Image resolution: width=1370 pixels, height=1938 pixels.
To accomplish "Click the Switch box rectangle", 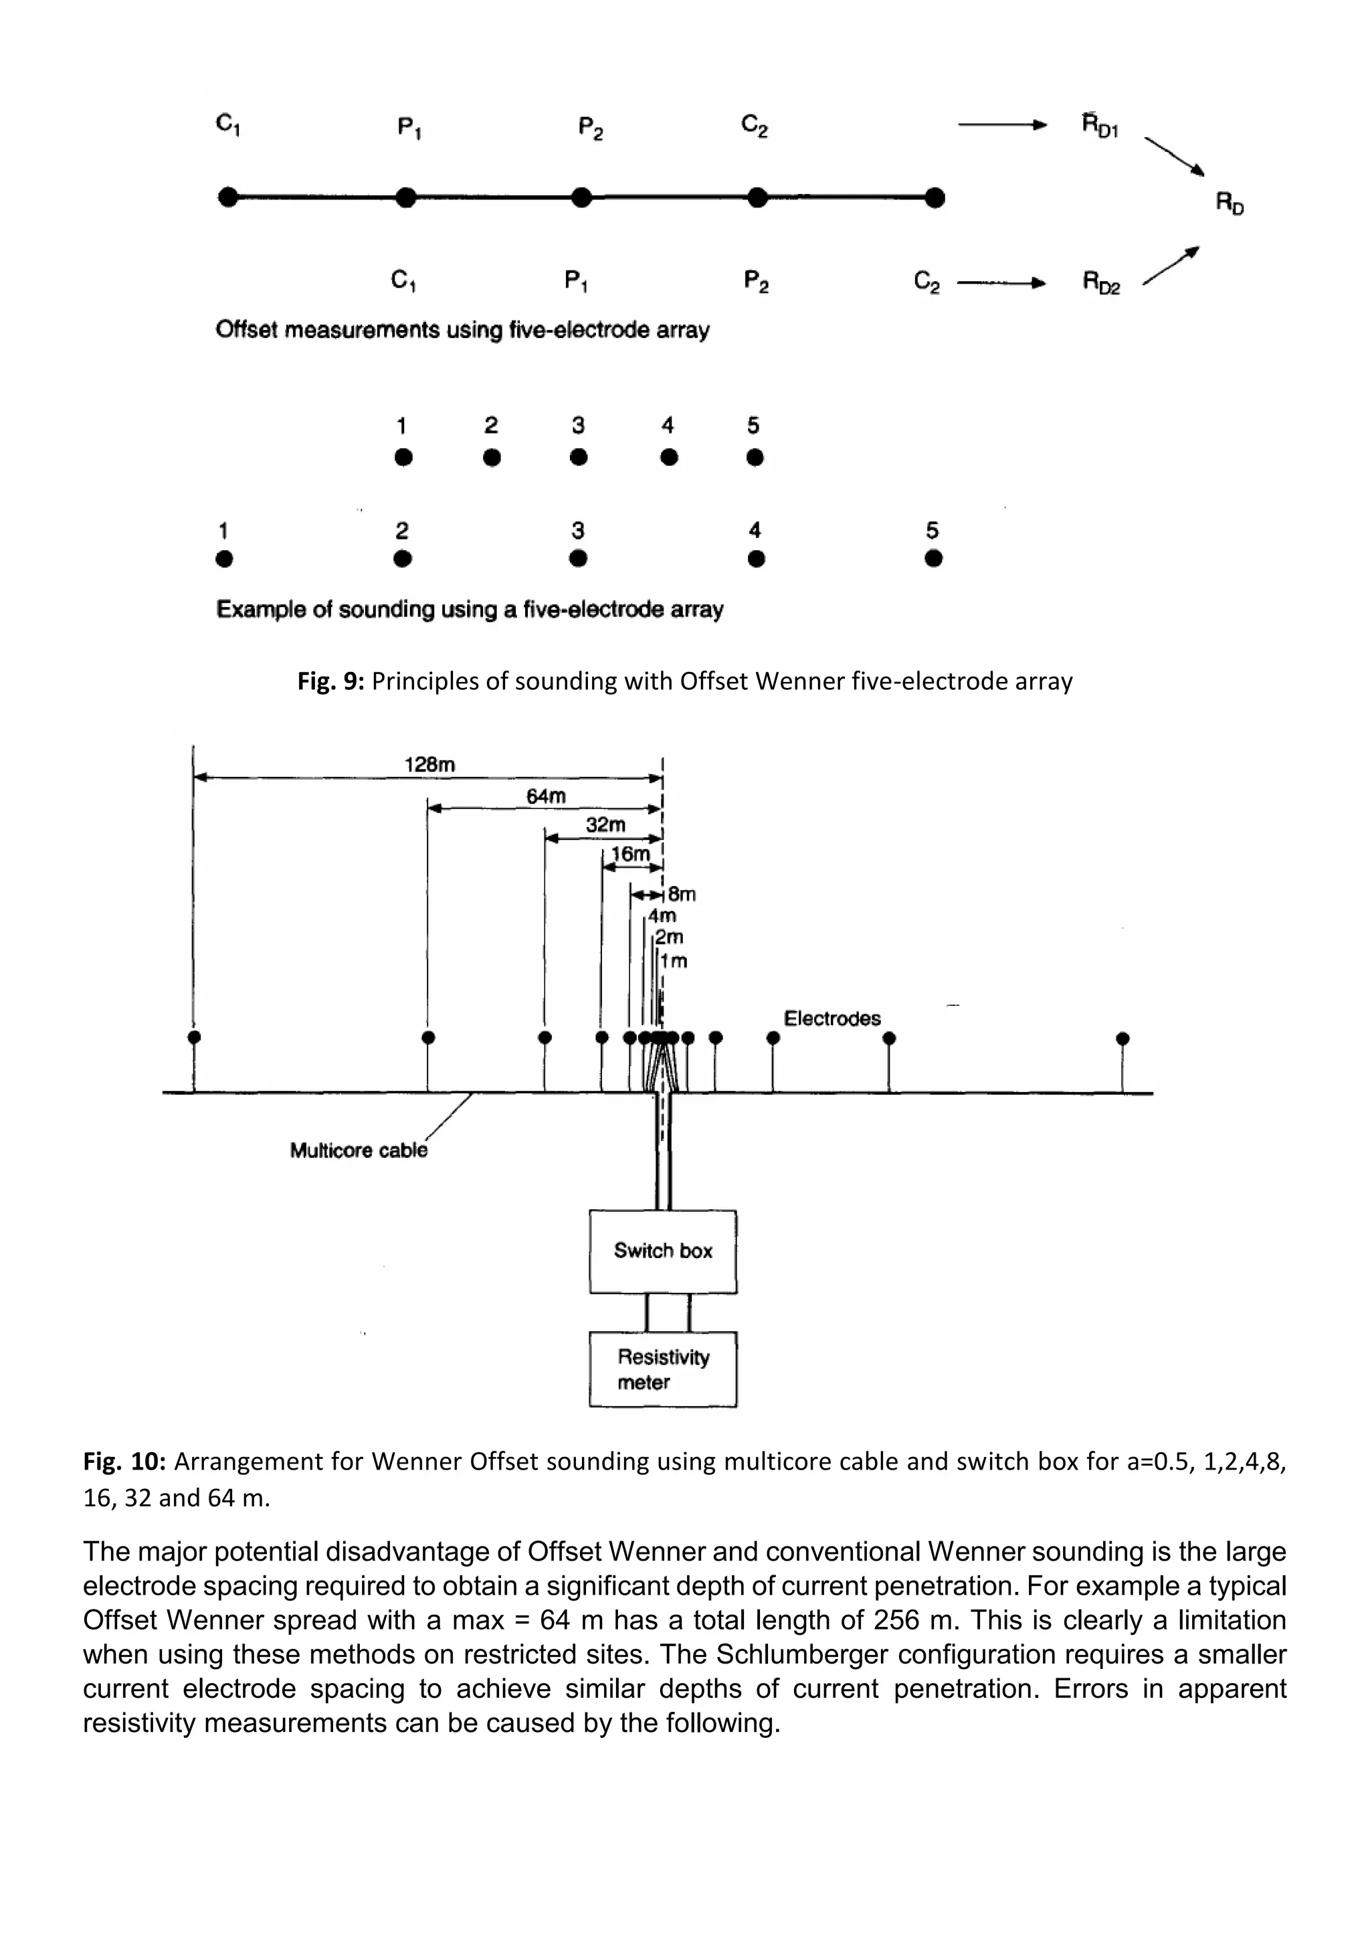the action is tap(662, 1251).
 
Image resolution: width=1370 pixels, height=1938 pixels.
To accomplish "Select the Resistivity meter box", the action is tap(662, 1369).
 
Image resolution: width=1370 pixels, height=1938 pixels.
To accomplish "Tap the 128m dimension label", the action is tap(429, 765).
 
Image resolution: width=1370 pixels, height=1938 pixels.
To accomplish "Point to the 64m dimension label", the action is tap(546, 796).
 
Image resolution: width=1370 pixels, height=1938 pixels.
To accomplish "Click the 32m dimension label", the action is tap(605, 824).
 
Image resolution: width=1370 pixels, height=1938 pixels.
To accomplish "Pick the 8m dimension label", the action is tap(682, 894).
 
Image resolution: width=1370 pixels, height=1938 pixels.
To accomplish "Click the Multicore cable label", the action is tap(359, 1150).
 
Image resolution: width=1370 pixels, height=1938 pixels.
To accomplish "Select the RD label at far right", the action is tap(1229, 203).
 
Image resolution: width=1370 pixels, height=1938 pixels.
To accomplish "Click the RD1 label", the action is tap(1100, 126).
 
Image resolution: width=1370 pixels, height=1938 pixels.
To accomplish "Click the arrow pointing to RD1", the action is tap(1001, 126).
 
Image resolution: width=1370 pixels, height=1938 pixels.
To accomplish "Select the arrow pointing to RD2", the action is tap(1001, 283).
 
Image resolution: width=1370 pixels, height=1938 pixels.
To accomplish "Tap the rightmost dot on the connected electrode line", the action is tap(934, 198).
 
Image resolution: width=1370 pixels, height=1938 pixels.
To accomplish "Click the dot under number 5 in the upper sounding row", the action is tap(755, 458).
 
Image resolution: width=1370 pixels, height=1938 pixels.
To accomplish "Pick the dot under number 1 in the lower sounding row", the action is tap(223, 559).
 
